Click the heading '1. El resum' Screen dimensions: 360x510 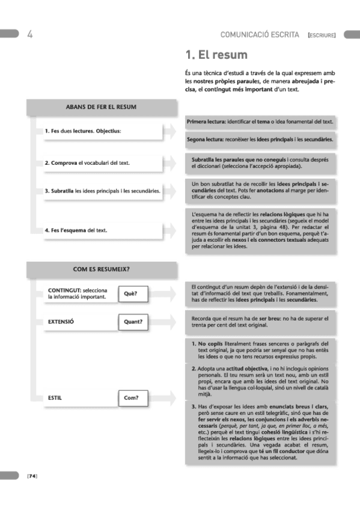click(216, 55)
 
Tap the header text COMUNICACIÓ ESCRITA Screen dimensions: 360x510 click(260, 35)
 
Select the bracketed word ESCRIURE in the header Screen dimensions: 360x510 click(321, 35)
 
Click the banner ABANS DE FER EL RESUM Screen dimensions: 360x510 click(101, 107)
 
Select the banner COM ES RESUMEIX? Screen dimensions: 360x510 click(101, 269)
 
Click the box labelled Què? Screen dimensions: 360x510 click(131, 293)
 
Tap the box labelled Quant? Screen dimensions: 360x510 click(133, 322)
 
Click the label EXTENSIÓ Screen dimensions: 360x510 click(61, 322)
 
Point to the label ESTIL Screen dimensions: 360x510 click(55, 398)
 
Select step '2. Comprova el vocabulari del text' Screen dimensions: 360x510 click(87, 163)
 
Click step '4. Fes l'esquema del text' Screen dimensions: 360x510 click(76, 230)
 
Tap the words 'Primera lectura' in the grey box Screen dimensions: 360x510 click(204, 121)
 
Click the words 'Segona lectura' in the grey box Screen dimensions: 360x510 click(204, 140)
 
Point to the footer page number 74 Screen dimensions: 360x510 click(32, 476)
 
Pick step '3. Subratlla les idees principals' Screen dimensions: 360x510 click(102, 191)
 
